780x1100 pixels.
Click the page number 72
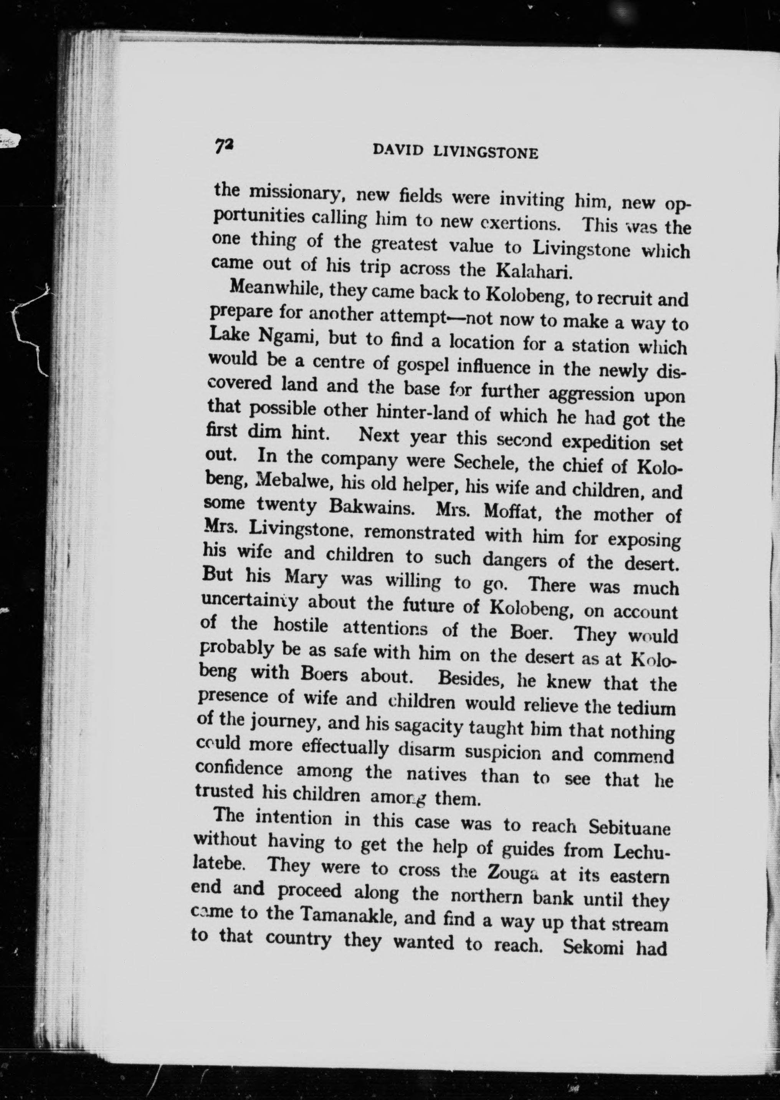pyautogui.click(x=224, y=146)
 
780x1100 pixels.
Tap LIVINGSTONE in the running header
pyautogui.click(x=485, y=152)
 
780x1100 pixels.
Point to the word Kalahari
pyautogui.click(x=533, y=272)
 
